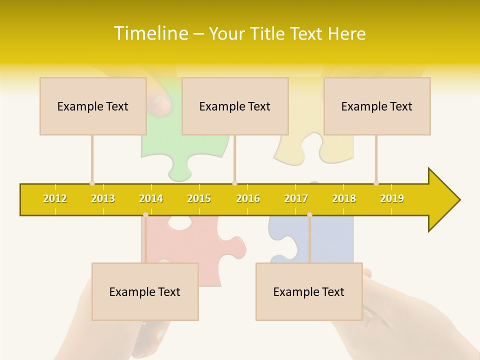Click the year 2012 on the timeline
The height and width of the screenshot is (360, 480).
(x=55, y=198)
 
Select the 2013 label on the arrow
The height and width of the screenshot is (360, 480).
(x=103, y=198)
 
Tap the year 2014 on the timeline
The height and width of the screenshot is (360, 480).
(x=151, y=198)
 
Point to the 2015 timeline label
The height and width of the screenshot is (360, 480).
(x=199, y=198)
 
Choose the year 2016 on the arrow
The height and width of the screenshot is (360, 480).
(x=248, y=198)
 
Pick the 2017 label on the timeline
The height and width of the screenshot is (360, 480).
(x=296, y=198)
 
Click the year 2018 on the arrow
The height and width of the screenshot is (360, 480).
(x=344, y=198)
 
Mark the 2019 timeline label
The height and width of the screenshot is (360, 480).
(x=392, y=198)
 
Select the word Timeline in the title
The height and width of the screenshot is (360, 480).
(x=149, y=33)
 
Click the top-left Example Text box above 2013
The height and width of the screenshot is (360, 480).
(x=93, y=106)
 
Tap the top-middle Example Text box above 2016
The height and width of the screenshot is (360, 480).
(x=235, y=106)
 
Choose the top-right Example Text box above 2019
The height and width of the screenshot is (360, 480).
(x=377, y=106)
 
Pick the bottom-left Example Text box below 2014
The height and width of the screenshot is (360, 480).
(x=145, y=291)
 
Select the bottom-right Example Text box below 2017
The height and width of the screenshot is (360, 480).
(x=309, y=291)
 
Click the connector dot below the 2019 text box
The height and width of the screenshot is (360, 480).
(x=376, y=183)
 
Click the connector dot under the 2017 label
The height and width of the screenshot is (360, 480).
(x=309, y=215)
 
